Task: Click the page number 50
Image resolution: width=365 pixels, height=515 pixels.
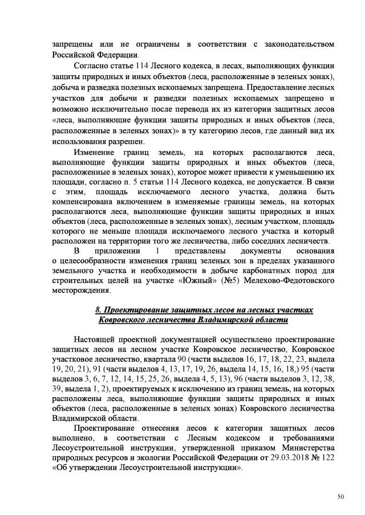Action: tap(340, 497)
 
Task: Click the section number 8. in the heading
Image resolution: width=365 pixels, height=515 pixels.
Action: tap(98, 309)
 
